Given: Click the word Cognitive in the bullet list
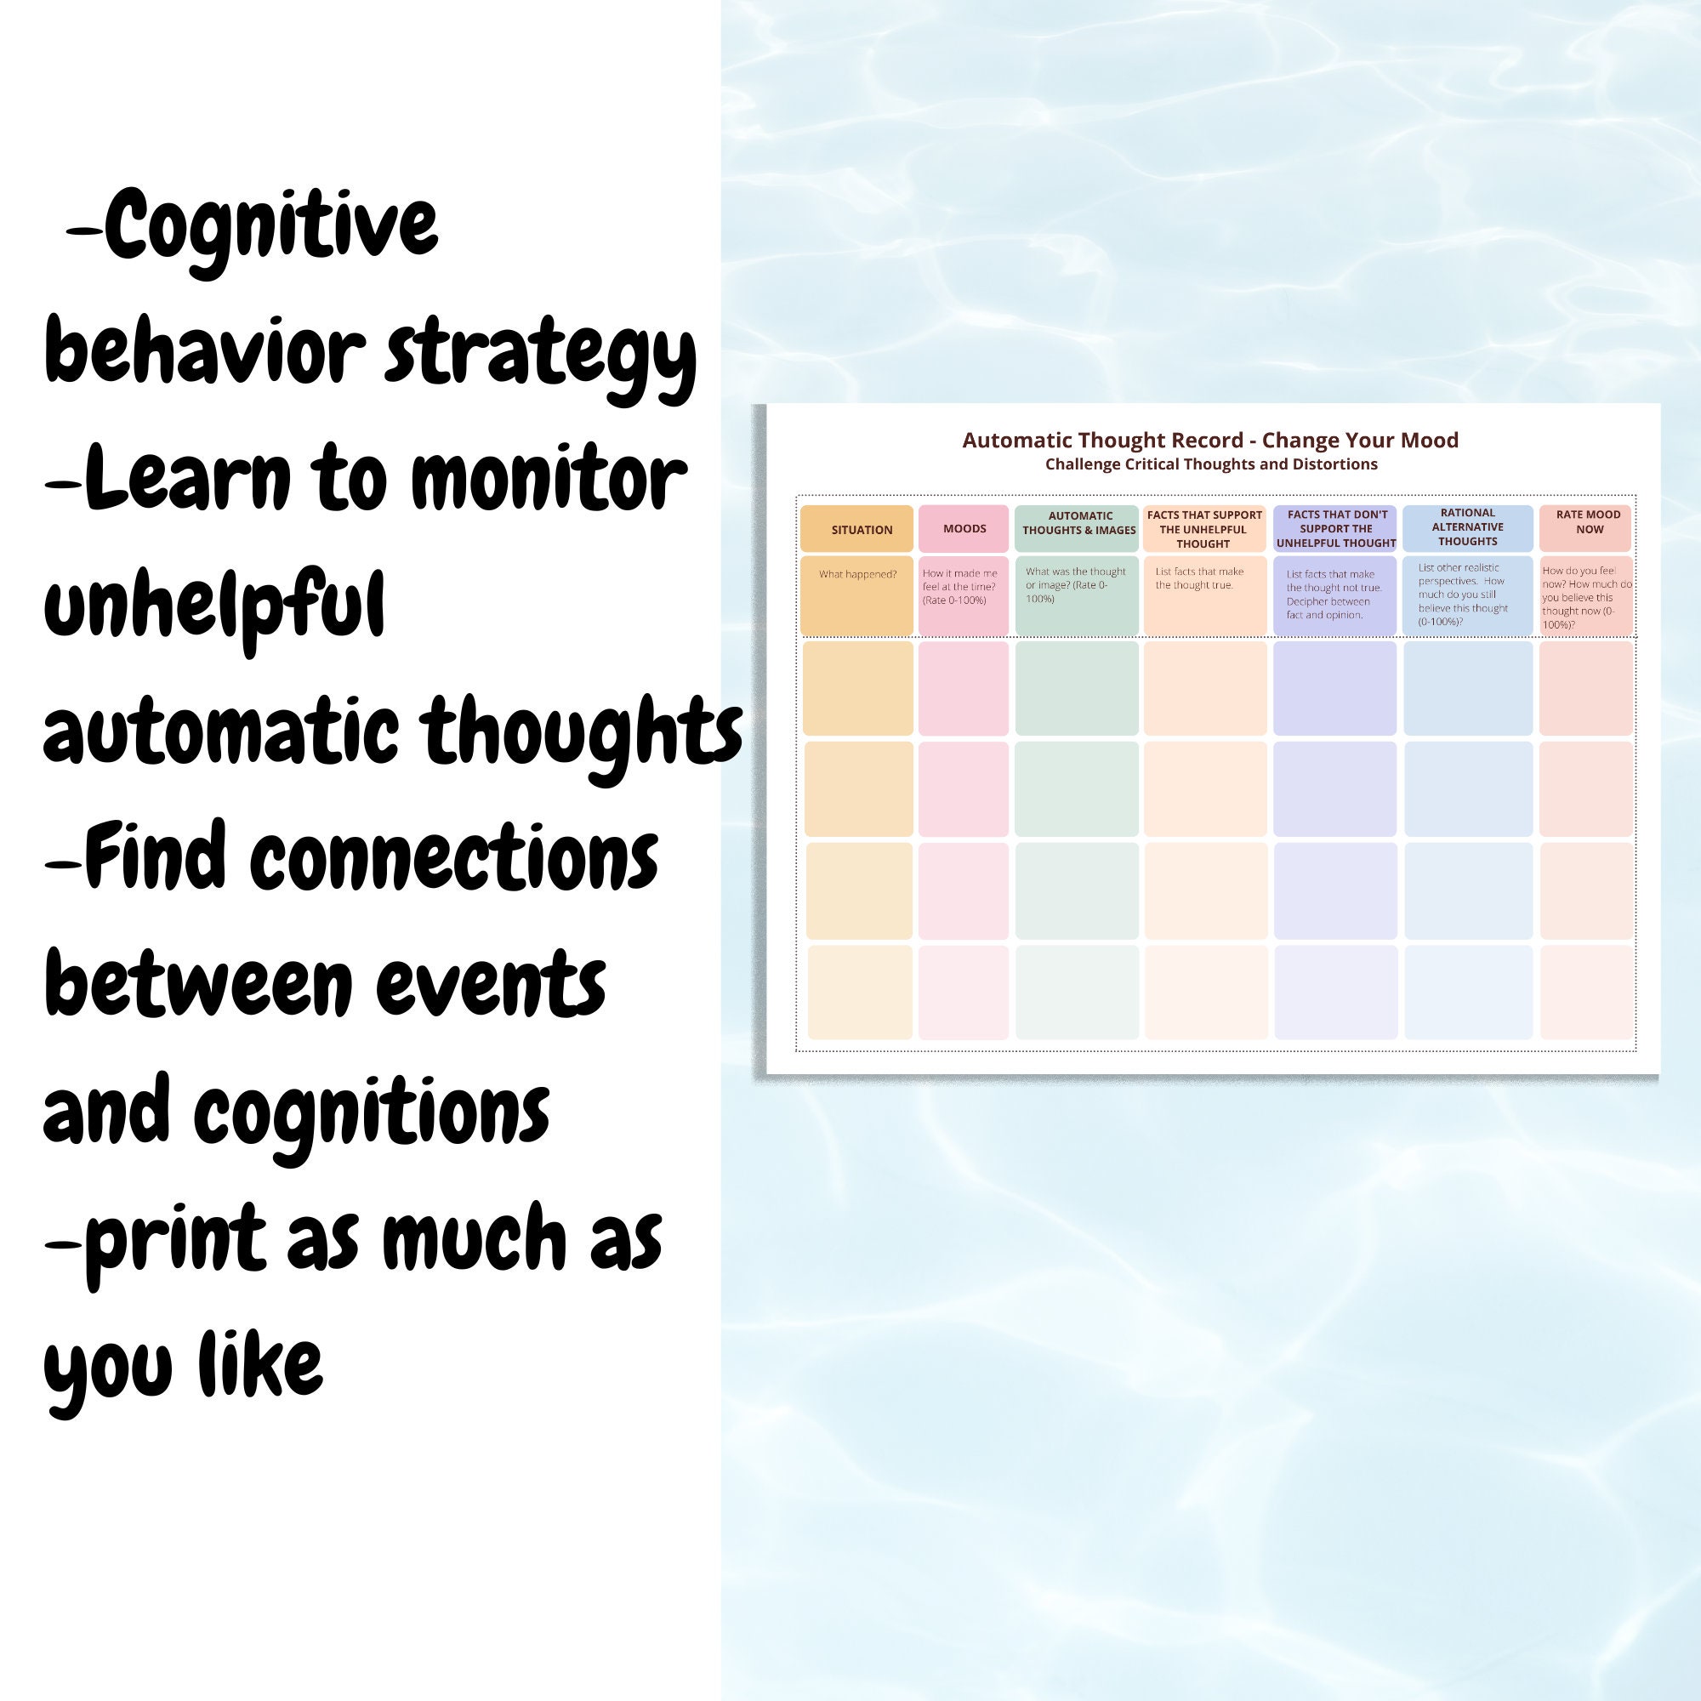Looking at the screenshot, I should click(271, 226).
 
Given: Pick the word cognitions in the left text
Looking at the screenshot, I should click(372, 1112).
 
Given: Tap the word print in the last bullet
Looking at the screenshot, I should click(175, 1240).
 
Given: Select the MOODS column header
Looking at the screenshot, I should click(964, 528).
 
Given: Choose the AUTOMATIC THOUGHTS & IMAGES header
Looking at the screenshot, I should click(1077, 524).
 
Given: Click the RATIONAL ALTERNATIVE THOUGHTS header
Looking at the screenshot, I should click(1467, 527).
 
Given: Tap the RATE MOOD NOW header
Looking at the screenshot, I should click(1586, 523).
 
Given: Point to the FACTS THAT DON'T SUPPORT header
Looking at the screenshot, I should click(1334, 528).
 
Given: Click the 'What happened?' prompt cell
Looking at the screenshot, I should click(856, 594).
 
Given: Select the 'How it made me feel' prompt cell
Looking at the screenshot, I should click(964, 594).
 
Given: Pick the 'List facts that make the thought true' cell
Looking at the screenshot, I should click(1204, 594).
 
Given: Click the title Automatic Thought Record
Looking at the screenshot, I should click(1209, 441).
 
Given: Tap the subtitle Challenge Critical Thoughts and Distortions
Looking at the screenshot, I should click(1210, 464).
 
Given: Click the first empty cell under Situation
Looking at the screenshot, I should click(857, 687).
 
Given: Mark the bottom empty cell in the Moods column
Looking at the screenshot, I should click(964, 993).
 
